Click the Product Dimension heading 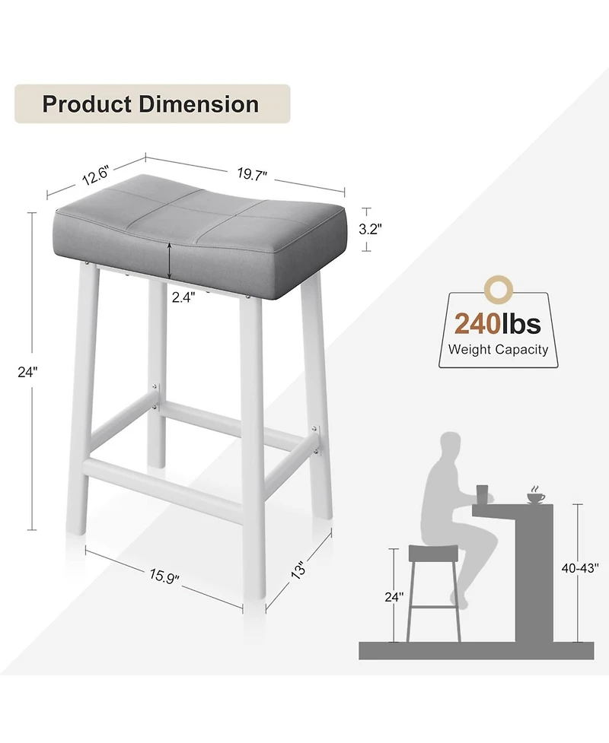tap(151, 104)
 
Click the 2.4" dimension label tap(183, 298)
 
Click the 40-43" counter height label tap(580, 567)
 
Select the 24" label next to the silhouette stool tap(392, 597)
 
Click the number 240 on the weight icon tap(477, 324)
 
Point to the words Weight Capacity tap(498, 350)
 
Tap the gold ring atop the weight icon tap(499, 288)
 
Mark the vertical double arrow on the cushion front tap(170, 260)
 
